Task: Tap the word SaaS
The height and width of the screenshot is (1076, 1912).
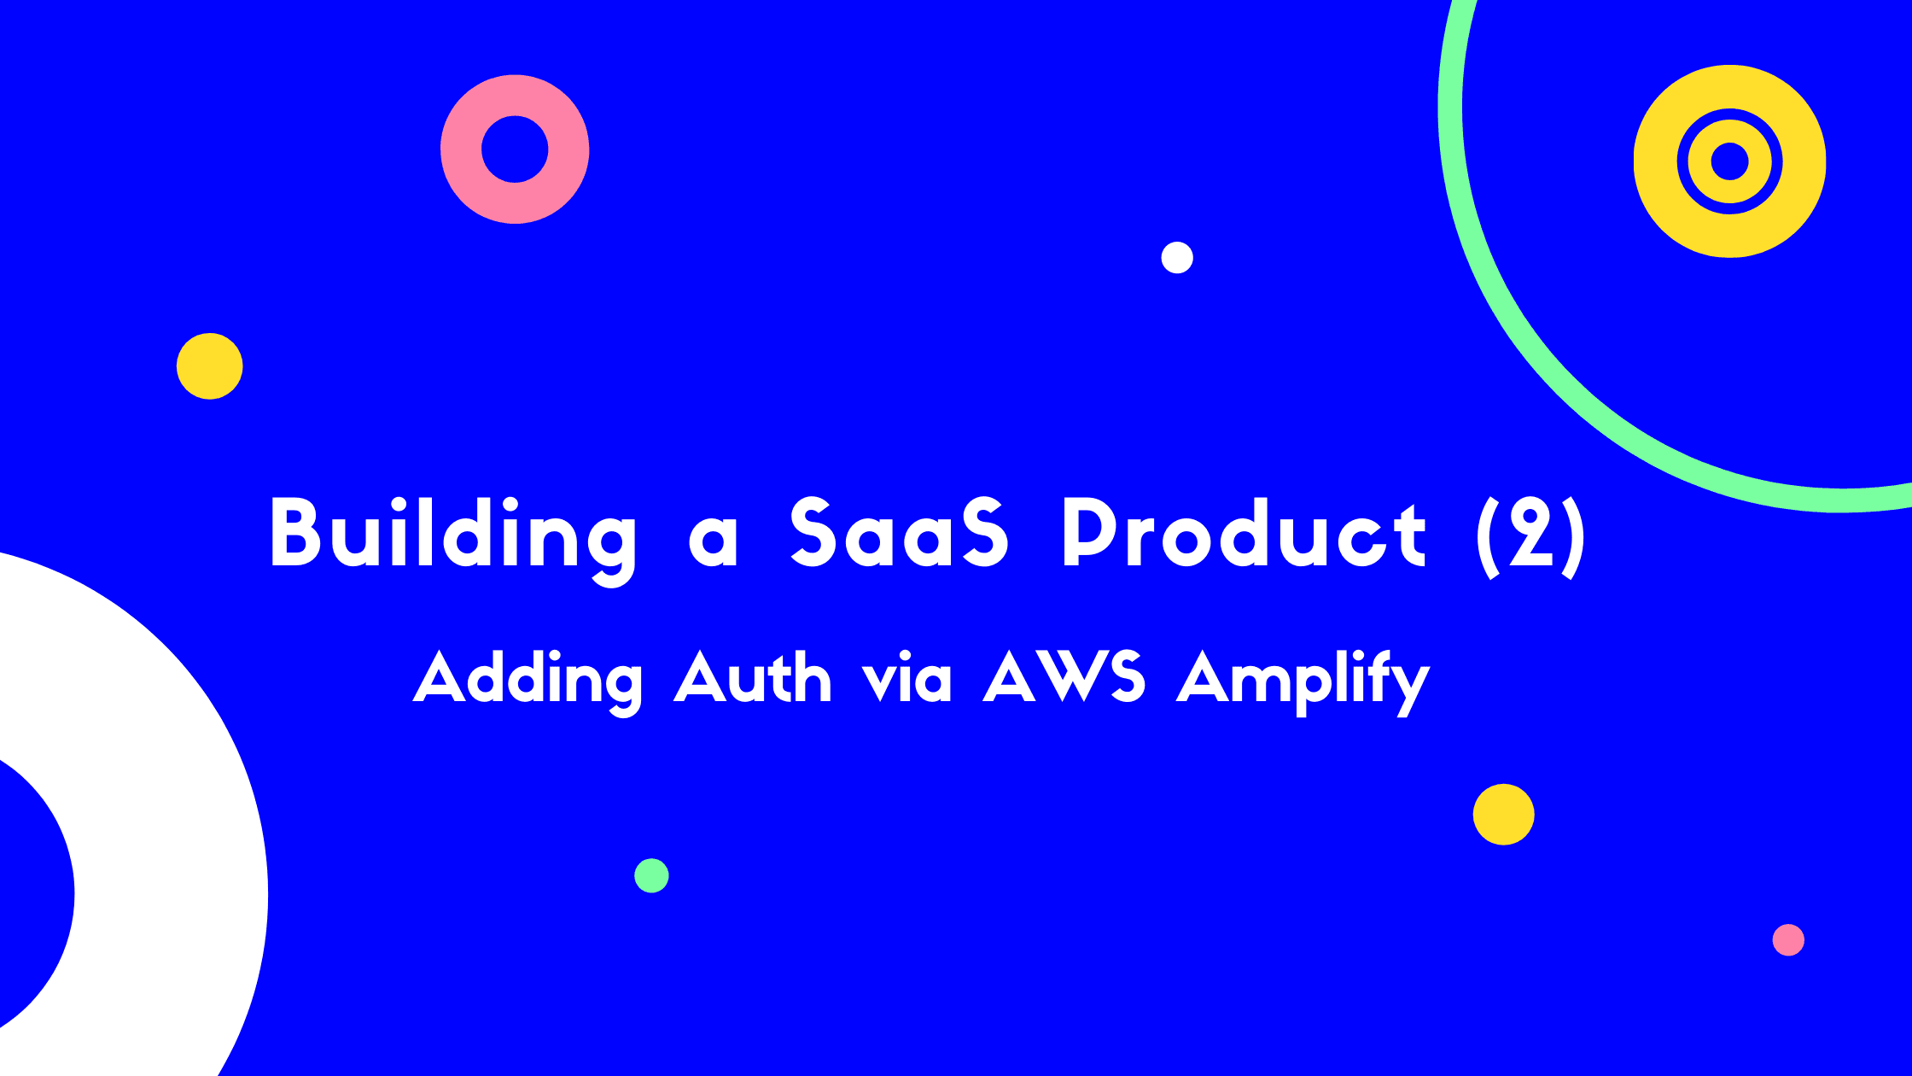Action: point(899,534)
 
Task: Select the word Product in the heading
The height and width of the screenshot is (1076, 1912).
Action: point(1243,534)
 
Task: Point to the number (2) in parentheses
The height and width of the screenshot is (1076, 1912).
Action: point(1530,535)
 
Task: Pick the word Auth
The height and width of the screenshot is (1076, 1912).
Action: point(752,679)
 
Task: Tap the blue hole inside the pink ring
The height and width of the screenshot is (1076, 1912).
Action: point(515,149)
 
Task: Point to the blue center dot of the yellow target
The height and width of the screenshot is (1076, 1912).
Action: point(1729,161)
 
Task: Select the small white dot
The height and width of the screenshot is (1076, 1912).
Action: point(1177,257)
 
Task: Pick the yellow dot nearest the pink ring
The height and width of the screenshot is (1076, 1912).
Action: point(210,366)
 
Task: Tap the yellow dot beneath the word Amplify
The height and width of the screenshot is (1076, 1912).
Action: point(1503,814)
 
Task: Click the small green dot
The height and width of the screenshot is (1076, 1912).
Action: point(651,875)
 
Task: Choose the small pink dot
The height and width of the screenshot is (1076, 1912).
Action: point(1788,939)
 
